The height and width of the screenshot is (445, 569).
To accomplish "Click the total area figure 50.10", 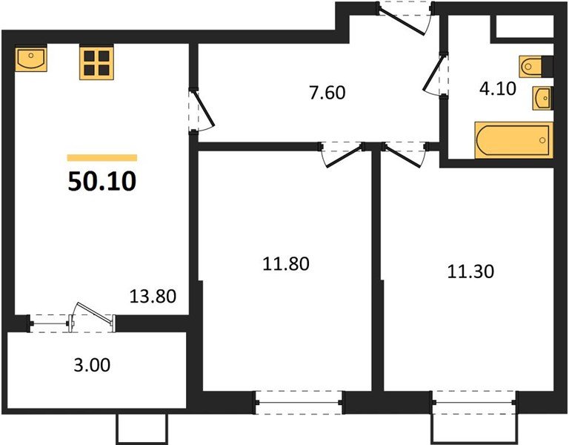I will pyautogui.click(x=102, y=180).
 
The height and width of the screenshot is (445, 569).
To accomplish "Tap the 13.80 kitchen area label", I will pyautogui.click(x=153, y=298).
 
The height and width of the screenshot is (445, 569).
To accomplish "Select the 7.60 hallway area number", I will pyautogui.click(x=327, y=93).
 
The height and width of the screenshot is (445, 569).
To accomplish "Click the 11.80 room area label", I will pyautogui.click(x=285, y=263).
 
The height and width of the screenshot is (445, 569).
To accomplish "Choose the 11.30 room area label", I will pyautogui.click(x=470, y=271).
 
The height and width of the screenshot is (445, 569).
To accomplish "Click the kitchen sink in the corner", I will pyautogui.click(x=30, y=59).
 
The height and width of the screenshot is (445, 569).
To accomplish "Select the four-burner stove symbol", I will pyautogui.click(x=96, y=63).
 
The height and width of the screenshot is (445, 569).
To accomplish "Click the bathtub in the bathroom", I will pyautogui.click(x=513, y=140).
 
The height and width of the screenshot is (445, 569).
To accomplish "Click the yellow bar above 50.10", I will pyautogui.click(x=102, y=157).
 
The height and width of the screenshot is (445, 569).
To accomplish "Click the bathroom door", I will pyautogui.click(x=435, y=74).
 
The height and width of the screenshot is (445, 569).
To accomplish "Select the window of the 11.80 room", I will pyautogui.click(x=299, y=403).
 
